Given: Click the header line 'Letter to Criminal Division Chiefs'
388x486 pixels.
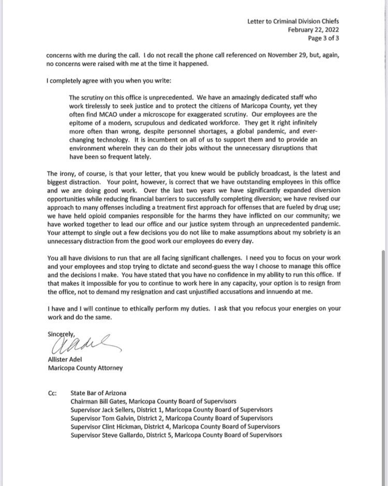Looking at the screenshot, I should (x=293, y=21).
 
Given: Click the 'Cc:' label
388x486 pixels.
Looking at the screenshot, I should (x=52, y=393).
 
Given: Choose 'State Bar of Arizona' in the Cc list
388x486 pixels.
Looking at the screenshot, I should (x=98, y=393).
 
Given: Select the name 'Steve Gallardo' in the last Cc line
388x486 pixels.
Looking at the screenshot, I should (x=122, y=435).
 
